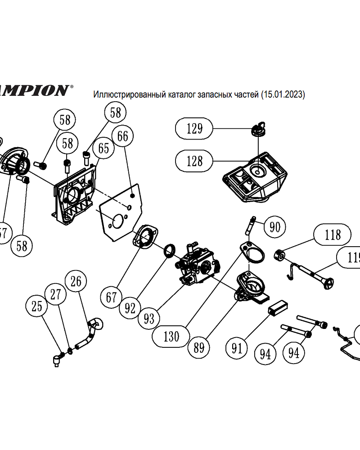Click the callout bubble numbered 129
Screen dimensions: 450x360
(x=194, y=129)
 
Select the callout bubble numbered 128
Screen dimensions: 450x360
(x=194, y=161)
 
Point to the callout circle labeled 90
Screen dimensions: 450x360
(x=274, y=227)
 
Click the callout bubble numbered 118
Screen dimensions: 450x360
(x=333, y=235)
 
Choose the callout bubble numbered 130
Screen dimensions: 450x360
(x=171, y=336)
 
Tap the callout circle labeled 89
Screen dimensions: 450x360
(x=199, y=347)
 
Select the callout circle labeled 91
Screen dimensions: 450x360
(x=237, y=348)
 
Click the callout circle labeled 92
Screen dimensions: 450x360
(x=130, y=308)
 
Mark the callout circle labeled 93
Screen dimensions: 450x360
(x=149, y=319)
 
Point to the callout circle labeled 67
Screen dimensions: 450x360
(x=112, y=297)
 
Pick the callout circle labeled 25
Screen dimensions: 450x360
(x=37, y=307)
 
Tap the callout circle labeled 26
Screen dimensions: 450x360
(x=76, y=282)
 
